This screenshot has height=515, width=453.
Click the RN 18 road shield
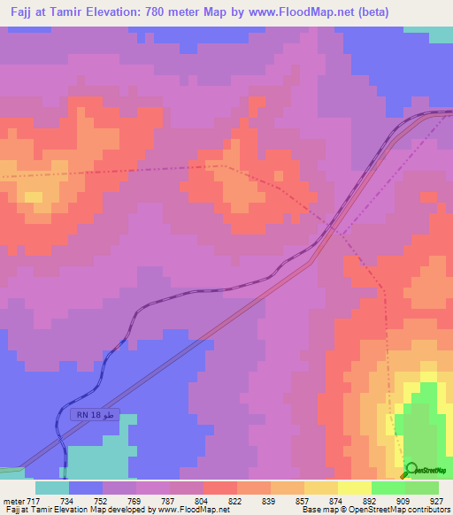pos(93,415)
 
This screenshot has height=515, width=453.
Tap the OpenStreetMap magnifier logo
pos(410,470)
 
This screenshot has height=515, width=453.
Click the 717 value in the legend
pos(35,501)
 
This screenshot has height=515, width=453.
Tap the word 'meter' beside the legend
pos(13,501)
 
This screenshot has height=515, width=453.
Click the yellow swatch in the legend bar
pos(354,488)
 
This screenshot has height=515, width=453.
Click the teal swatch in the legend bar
pos(52,488)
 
